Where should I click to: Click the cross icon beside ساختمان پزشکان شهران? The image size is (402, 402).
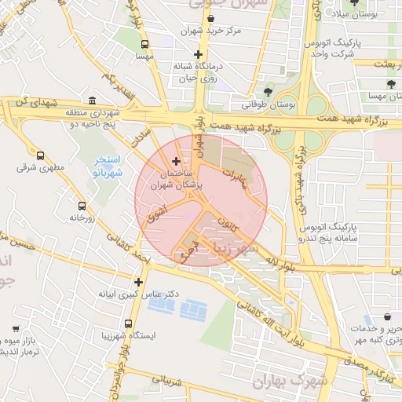(176, 161)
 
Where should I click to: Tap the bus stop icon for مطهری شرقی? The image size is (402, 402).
(41, 154)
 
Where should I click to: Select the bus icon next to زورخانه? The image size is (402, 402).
(82, 205)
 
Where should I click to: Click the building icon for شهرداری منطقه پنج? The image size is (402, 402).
(93, 102)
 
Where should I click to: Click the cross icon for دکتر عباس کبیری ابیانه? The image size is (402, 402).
(139, 281)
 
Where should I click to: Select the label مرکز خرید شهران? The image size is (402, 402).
(228, 31)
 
